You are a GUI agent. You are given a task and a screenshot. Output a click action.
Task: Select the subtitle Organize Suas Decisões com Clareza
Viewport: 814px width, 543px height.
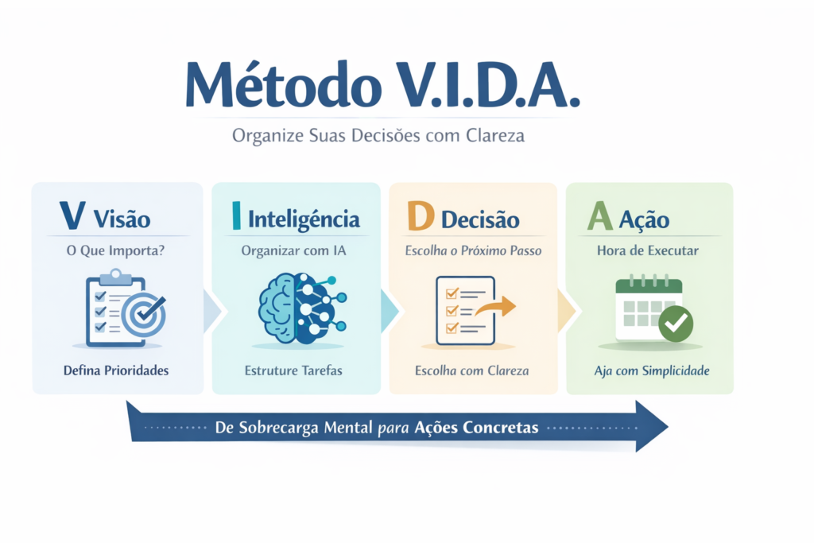pos(378,136)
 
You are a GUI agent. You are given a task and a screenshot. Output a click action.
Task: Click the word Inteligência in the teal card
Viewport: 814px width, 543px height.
pos(304,219)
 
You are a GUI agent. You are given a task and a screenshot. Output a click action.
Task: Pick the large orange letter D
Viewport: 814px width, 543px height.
pos(420,217)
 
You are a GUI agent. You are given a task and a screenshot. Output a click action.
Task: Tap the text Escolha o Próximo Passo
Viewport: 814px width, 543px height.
pos(474,250)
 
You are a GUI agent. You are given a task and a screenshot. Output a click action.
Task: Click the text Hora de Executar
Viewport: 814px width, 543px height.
pos(648,250)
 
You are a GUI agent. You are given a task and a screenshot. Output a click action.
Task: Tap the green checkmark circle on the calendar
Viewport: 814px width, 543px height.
pos(676,324)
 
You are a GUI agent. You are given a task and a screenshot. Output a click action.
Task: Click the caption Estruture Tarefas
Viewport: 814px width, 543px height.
pos(294,370)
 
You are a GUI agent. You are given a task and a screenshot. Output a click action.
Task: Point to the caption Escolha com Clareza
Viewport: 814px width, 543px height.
pos(472,370)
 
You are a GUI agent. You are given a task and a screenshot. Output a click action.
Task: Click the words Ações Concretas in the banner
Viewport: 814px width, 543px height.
pos(477,428)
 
